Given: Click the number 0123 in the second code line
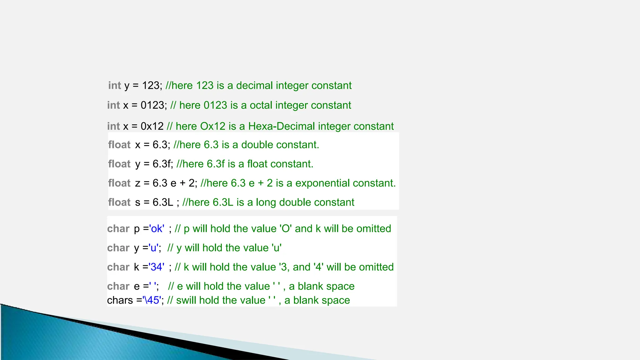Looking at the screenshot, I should tap(152, 105).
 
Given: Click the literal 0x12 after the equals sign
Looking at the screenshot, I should tap(152, 126).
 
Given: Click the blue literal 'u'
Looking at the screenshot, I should tap(154, 248).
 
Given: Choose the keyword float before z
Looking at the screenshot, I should tap(119, 183).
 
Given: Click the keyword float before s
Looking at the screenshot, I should tap(119, 202).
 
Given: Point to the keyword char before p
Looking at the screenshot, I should tap(118, 229).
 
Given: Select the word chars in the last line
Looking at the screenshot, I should tap(120, 300).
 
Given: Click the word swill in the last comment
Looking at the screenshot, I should tap(186, 300).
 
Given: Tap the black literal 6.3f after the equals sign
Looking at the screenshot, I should tap(162, 164).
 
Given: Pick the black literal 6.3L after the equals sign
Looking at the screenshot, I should tap(163, 202).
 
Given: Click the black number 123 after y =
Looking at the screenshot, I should tap(151, 86).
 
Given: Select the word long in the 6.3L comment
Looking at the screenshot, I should tap(266, 202).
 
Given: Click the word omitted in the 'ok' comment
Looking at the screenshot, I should tap(374, 229).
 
